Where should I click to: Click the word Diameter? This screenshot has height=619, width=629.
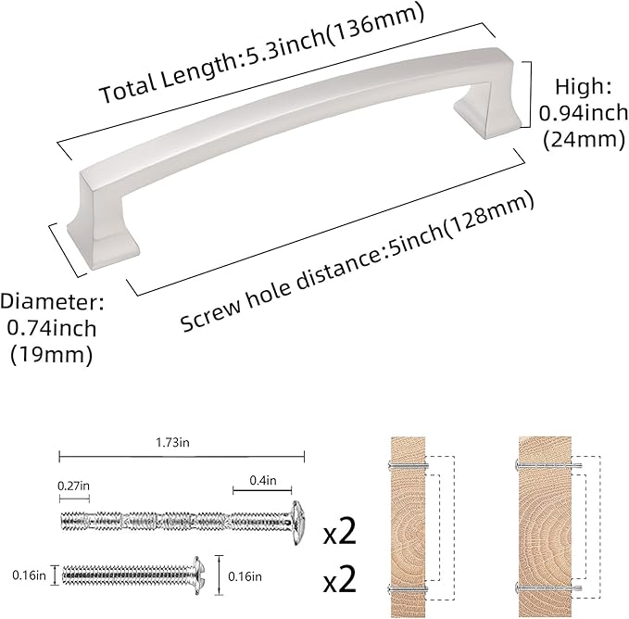point(52,302)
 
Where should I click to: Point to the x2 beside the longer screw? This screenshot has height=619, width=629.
point(339,535)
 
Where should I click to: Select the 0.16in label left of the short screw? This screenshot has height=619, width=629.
point(29,575)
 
